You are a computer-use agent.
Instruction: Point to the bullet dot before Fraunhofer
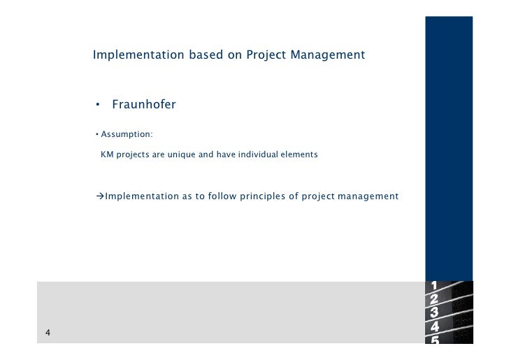[x=99, y=106]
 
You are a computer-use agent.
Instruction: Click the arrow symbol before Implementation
[x=100, y=196]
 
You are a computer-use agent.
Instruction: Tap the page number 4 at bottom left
[x=48, y=333]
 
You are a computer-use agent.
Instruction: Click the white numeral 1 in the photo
[x=434, y=285]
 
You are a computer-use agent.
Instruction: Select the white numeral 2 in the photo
[x=434, y=298]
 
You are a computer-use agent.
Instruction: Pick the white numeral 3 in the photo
[x=434, y=312]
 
